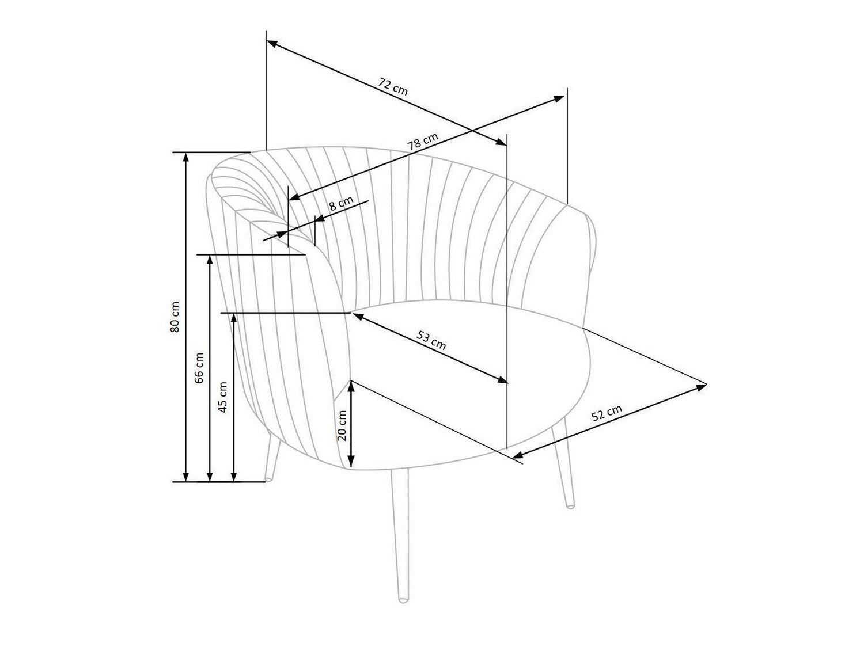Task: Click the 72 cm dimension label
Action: click(x=392, y=87)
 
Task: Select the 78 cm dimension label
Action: click(x=422, y=141)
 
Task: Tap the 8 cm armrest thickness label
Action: click(x=341, y=203)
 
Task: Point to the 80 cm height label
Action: click(x=175, y=317)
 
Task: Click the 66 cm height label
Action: click(x=199, y=368)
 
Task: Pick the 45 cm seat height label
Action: click(x=223, y=397)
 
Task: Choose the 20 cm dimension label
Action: click(x=342, y=425)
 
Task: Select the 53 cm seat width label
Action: click(x=431, y=341)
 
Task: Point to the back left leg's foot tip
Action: click(x=269, y=479)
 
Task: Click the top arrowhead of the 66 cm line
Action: click(x=210, y=260)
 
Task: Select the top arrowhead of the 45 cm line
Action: click(x=234, y=318)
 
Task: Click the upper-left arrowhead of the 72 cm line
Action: click(x=272, y=43)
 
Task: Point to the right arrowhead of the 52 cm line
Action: click(x=701, y=387)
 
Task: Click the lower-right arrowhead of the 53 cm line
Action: click(x=502, y=379)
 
